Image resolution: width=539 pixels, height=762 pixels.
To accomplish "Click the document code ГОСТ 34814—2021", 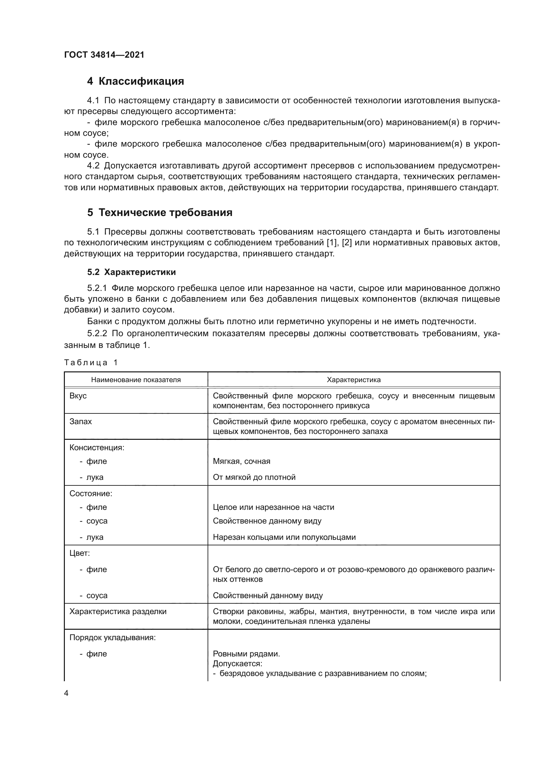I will [x=104, y=55].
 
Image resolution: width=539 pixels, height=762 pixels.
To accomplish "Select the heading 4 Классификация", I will [x=136, y=81].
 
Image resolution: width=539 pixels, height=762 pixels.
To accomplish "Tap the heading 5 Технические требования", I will [x=160, y=212].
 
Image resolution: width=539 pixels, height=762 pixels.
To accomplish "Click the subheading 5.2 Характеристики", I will [x=131, y=272].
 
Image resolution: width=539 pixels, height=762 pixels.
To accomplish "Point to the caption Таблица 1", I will [x=91, y=362].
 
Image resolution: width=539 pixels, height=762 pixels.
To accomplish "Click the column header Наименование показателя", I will [x=136, y=380].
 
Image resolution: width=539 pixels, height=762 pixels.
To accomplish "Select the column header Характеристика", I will [x=354, y=380].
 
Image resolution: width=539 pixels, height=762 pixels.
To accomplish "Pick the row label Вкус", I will [x=78, y=396].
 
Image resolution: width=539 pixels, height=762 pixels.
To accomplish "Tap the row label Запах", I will [x=80, y=422].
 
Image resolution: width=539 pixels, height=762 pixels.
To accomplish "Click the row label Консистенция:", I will [x=96, y=447].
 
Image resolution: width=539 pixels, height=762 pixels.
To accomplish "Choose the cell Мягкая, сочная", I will [x=241, y=461].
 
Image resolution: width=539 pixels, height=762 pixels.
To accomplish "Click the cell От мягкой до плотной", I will [x=254, y=477].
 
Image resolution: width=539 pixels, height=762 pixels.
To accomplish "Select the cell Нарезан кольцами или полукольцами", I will [x=284, y=537].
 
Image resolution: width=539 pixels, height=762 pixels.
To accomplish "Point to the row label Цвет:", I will [x=80, y=553].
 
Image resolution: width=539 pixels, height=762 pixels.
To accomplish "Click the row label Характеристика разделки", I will [x=118, y=611].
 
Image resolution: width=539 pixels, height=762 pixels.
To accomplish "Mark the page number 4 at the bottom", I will [x=66, y=693].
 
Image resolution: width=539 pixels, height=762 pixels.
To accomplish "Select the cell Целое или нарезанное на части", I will [x=273, y=507].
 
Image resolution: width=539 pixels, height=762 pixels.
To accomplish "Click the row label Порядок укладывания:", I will [x=112, y=638].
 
